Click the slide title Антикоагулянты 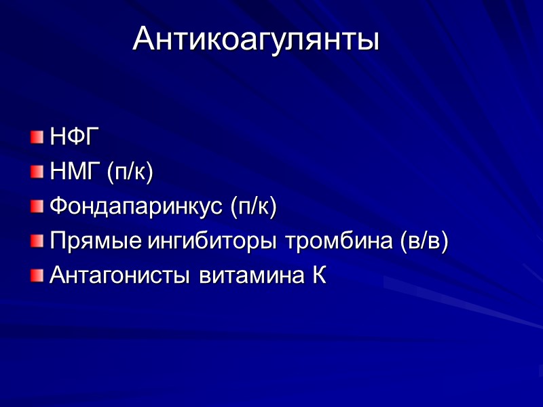(x=256, y=39)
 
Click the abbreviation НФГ (x=70, y=138)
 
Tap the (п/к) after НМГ (x=130, y=172)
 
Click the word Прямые (x=92, y=241)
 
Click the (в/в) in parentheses (x=426, y=241)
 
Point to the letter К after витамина (x=320, y=276)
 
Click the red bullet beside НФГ (x=35, y=138)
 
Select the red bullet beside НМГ (x=35, y=173)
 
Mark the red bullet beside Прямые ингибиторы (x=35, y=242)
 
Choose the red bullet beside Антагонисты (x=35, y=277)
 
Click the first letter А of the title (x=143, y=39)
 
